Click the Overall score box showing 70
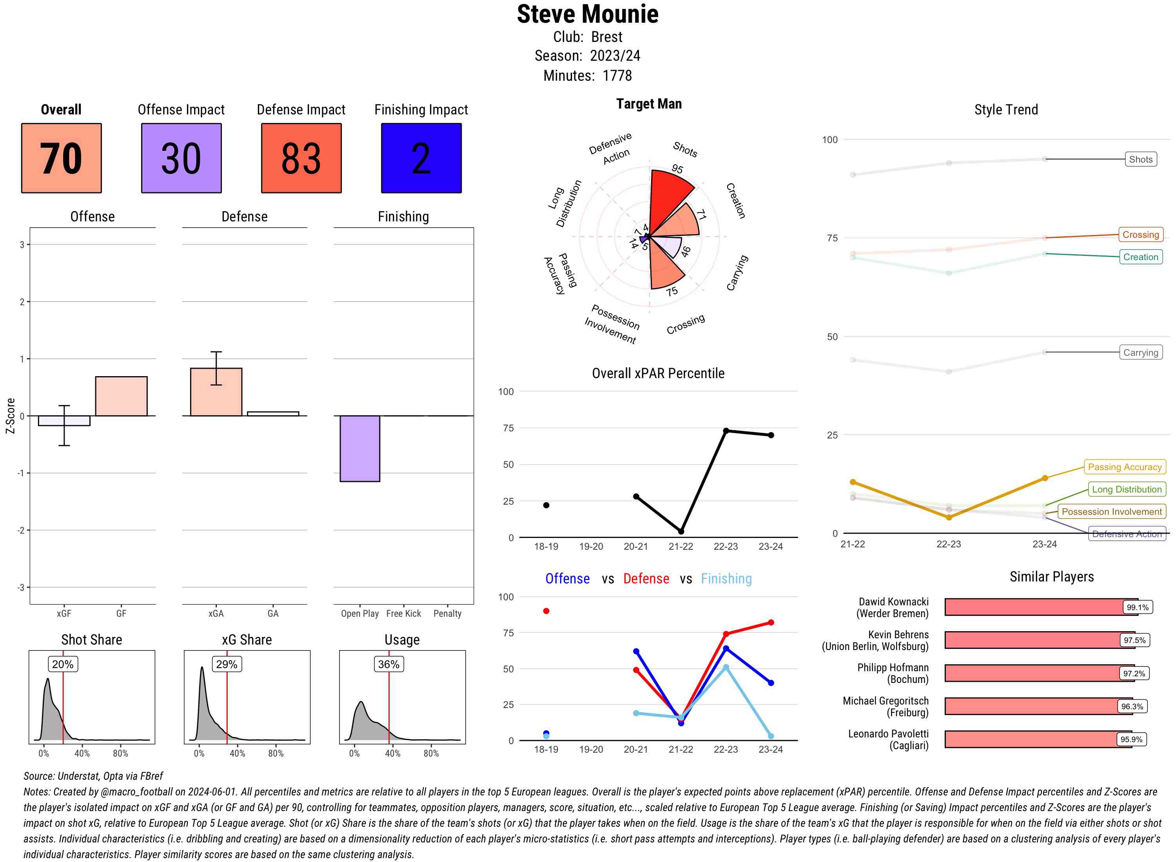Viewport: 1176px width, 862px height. click(x=61, y=158)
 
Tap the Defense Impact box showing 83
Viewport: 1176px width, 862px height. click(x=301, y=158)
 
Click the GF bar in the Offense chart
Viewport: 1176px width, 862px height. click(x=121, y=396)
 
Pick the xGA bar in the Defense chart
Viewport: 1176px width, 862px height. click(x=216, y=392)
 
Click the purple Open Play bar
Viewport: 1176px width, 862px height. click(x=359, y=448)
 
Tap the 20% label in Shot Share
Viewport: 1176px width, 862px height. click(x=63, y=664)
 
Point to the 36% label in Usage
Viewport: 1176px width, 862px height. click(x=388, y=664)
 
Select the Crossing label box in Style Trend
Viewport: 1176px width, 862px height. click(x=1140, y=235)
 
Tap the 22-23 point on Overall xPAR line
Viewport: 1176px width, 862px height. click(x=726, y=431)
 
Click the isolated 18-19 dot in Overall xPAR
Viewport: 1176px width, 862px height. click(x=546, y=505)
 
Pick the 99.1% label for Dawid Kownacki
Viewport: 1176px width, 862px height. click(x=1137, y=607)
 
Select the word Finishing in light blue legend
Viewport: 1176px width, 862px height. click(x=726, y=579)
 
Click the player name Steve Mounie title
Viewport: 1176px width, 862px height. click(x=588, y=14)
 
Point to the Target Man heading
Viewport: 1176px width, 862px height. click(x=649, y=104)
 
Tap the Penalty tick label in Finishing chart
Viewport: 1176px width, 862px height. click(x=447, y=614)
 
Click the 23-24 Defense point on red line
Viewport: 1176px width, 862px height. click(x=771, y=623)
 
